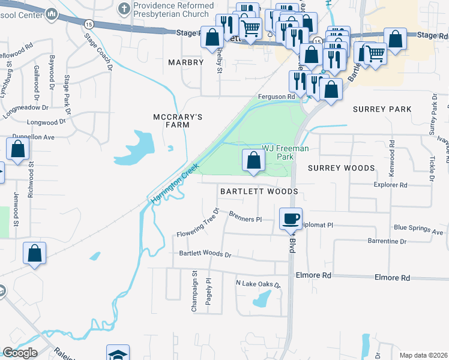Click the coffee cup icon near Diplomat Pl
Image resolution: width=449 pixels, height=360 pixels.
(x=291, y=219)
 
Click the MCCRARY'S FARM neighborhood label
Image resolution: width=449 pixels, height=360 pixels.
(x=171, y=121)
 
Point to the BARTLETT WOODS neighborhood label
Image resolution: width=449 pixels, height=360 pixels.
(x=259, y=191)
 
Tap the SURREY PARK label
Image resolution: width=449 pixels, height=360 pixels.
(x=382, y=109)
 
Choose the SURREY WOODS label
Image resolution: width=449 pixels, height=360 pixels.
(x=341, y=169)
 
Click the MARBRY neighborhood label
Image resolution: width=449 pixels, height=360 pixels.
(x=186, y=62)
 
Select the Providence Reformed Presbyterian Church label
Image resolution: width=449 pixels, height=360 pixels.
(x=173, y=10)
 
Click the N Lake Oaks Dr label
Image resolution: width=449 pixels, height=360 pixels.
(x=258, y=284)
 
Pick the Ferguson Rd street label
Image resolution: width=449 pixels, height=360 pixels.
(x=276, y=96)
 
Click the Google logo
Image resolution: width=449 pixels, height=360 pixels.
(x=20, y=353)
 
